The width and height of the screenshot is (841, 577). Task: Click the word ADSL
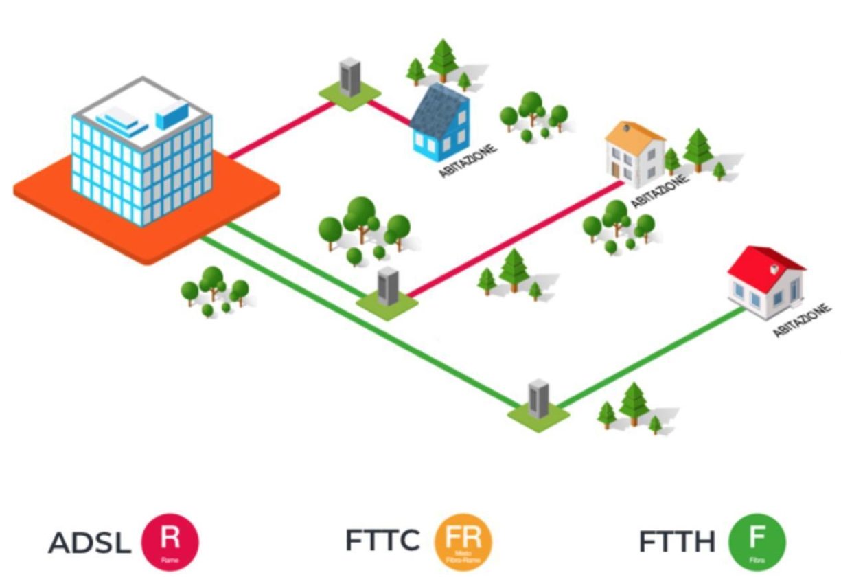pos(89,543)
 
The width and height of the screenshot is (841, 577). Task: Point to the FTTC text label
pos(382,541)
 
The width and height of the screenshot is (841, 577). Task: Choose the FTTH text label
pos(677,543)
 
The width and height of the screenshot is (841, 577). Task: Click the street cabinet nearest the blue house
pos(349,78)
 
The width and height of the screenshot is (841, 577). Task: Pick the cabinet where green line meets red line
pos(388,287)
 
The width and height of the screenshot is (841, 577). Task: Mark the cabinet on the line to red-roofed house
pos(538,400)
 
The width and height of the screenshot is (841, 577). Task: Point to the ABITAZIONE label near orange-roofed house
pos(658,192)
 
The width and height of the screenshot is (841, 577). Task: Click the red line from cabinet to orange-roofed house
pos(515,240)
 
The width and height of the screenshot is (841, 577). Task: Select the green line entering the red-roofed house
pos(652,357)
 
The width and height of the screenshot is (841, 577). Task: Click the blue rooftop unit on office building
pos(172,114)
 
